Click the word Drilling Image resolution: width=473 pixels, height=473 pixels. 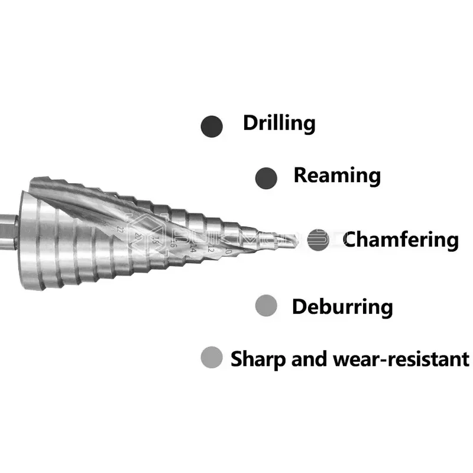[x=279, y=124]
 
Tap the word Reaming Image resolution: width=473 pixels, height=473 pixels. [x=337, y=176]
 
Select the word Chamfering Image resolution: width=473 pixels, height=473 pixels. [x=401, y=240]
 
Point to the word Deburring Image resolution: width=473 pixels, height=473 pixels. [x=342, y=307]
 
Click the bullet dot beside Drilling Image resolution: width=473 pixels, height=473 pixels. [x=212, y=126]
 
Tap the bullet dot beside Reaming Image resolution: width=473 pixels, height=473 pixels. [x=266, y=177]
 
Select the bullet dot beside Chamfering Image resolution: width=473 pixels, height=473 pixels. [x=319, y=239]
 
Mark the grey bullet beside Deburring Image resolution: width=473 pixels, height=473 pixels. [x=266, y=306]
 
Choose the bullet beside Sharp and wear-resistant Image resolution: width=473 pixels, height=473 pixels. [x=211, y=358]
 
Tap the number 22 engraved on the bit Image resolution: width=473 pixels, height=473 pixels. [x=121, y=228]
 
